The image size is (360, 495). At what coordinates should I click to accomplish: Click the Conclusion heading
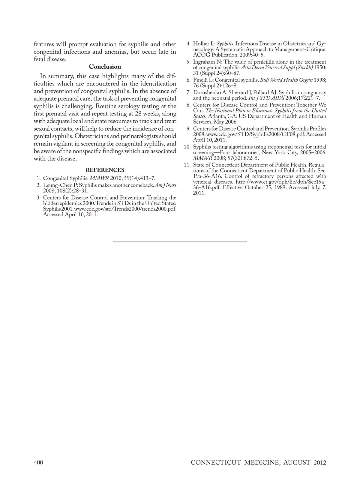point(105,67)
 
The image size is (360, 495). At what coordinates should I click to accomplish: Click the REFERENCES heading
point(105,170)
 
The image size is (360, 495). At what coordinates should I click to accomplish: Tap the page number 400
point(38,462)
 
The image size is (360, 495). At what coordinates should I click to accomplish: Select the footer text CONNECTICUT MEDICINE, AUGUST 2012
point(258,462)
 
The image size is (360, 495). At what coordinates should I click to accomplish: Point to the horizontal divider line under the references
point(180,241)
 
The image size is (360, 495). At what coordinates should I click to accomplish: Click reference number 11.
point(187,165)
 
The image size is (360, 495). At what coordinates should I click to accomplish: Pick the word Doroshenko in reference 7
point(207,92)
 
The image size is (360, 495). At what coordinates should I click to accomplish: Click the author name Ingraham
point(204,62)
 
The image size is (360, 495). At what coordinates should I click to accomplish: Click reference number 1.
point(39,178)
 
